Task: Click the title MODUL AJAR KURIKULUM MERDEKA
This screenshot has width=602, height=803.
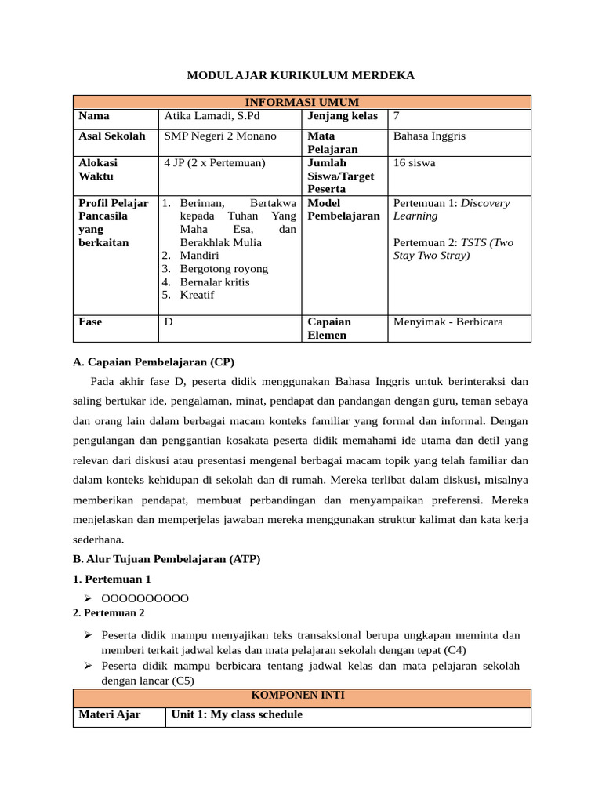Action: click(x=300, y=75)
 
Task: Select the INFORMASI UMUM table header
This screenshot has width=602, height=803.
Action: click(x=302, y=102)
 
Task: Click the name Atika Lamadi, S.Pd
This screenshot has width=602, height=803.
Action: click(x=209, y=116)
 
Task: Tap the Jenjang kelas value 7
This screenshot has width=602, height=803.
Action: click(x=397, y=116)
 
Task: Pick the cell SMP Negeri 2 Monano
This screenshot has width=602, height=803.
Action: click(x=220, y=136)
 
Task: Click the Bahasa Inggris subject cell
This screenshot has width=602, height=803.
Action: click(x=430, y=136)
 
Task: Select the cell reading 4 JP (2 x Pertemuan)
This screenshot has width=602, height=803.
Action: click(x=215, y=163)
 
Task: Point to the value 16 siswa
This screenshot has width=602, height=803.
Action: click(x=414, y=163)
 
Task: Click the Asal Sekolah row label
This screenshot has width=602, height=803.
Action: click(x=112, y=136)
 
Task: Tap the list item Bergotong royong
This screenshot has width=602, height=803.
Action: click(x=223, y=269)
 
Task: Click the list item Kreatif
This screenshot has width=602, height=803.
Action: click(x=197, y=296)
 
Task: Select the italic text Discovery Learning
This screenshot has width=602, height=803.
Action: click(x=451, y=209)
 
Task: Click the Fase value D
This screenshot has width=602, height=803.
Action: click(x=169, y=322)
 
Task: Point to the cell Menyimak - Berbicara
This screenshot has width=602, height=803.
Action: click(x=448, y=322)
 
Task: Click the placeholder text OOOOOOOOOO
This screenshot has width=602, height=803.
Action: click(x=145, y=598)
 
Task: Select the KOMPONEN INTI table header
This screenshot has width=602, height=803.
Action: click(x=302, y=695)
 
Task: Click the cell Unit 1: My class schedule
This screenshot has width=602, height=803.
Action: click(x=236, y=714)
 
